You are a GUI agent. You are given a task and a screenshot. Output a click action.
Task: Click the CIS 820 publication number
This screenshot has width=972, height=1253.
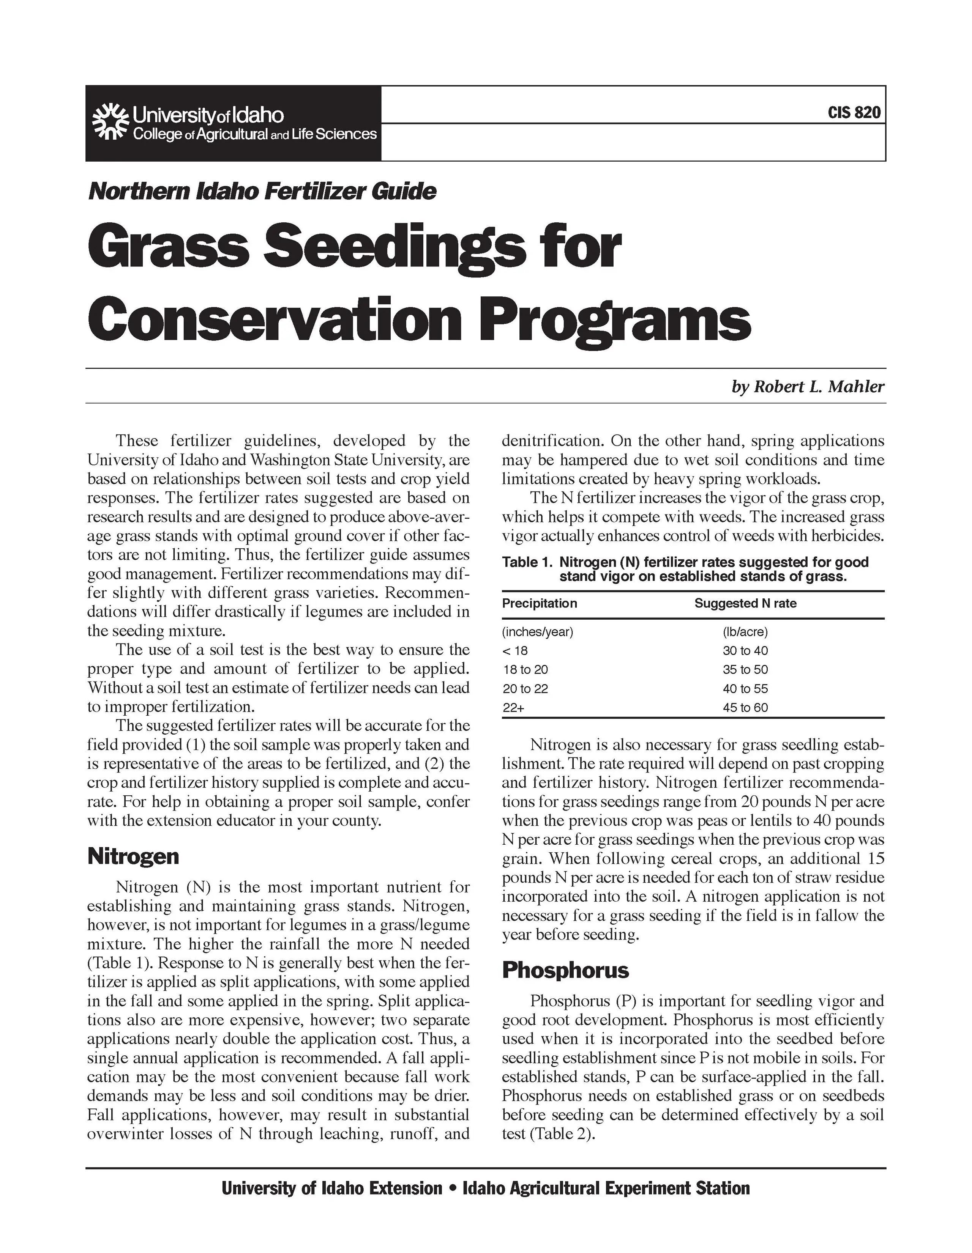(x=854, y=112)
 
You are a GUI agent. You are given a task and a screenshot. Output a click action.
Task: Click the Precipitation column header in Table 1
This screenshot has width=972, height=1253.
(x=539, y=604)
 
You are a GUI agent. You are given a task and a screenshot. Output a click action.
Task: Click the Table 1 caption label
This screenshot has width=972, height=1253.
(x=527, y=562)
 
